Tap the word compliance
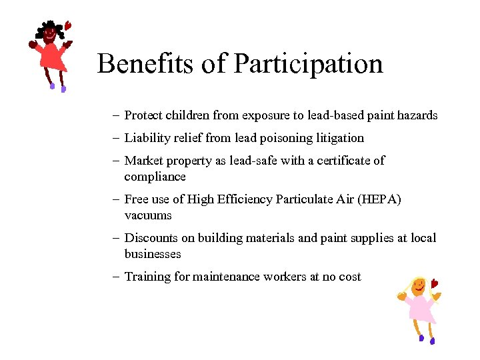[x=155, y=177]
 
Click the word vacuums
[x=148, y=215]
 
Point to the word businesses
[x=153, y=254]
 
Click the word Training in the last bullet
[x=147, y=277]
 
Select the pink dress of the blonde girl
[x=420, y=309]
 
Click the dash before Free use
[x=116, y=199]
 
